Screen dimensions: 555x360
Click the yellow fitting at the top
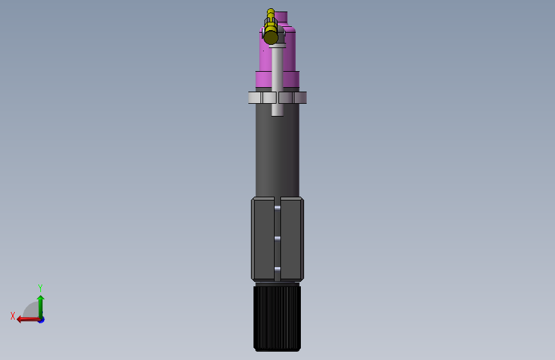click(x=271, y=28)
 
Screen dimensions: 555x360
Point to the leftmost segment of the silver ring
click(x=255, y=98)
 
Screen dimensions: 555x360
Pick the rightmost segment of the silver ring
click(x=300, y=98)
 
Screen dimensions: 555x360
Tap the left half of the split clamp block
click(x=262, y=239)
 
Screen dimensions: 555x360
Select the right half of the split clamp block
click(x=292, y=239)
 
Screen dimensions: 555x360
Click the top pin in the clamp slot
click(x=278, y=208)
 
